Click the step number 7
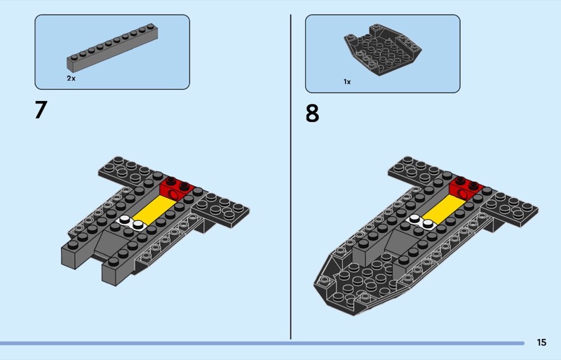[41, 109]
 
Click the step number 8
[312, 114]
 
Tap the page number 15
[541, 342]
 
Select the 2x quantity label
[72, 78]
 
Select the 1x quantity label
[347, 81]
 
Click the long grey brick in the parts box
[112, 47]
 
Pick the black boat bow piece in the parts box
[382, 49]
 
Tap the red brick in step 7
[177, 188]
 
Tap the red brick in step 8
[466, 188]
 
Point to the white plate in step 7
[130, 222]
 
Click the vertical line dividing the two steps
[290, 177]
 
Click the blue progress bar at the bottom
[262, 343]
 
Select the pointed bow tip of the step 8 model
[316, 286]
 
